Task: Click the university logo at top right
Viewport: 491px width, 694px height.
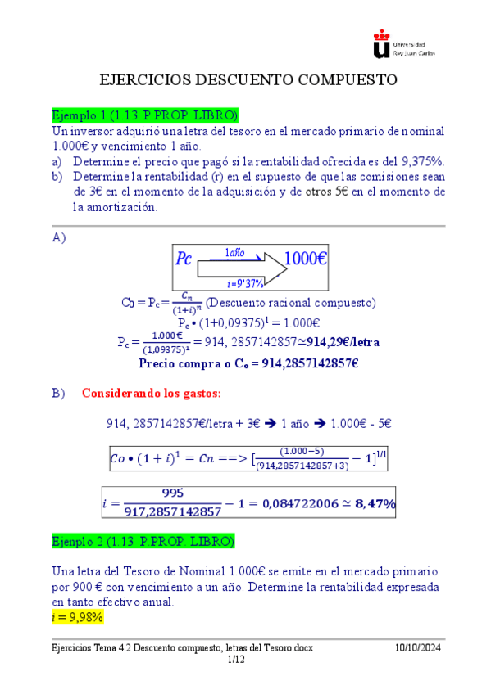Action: (x=403, y=44)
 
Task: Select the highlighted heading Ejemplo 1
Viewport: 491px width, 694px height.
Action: (x=144, y=114)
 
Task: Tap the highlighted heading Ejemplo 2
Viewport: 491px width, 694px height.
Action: (x=143, y=542)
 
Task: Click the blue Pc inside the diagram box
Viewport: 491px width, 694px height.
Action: (x=184, y=260)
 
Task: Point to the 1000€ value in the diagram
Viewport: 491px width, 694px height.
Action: (x=307, y=259)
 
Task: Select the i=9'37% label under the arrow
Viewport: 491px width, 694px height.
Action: (x=243, y=283)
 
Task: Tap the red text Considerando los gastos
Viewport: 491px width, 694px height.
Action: (x=152, y=394)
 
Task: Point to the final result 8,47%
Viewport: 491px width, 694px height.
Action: (x=375, y=505)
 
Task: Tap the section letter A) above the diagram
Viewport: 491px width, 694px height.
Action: (x=58, y=237)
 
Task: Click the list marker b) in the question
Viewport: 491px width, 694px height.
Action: (x=57, y=177)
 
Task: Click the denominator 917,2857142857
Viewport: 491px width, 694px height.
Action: (x=174, y=512)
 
